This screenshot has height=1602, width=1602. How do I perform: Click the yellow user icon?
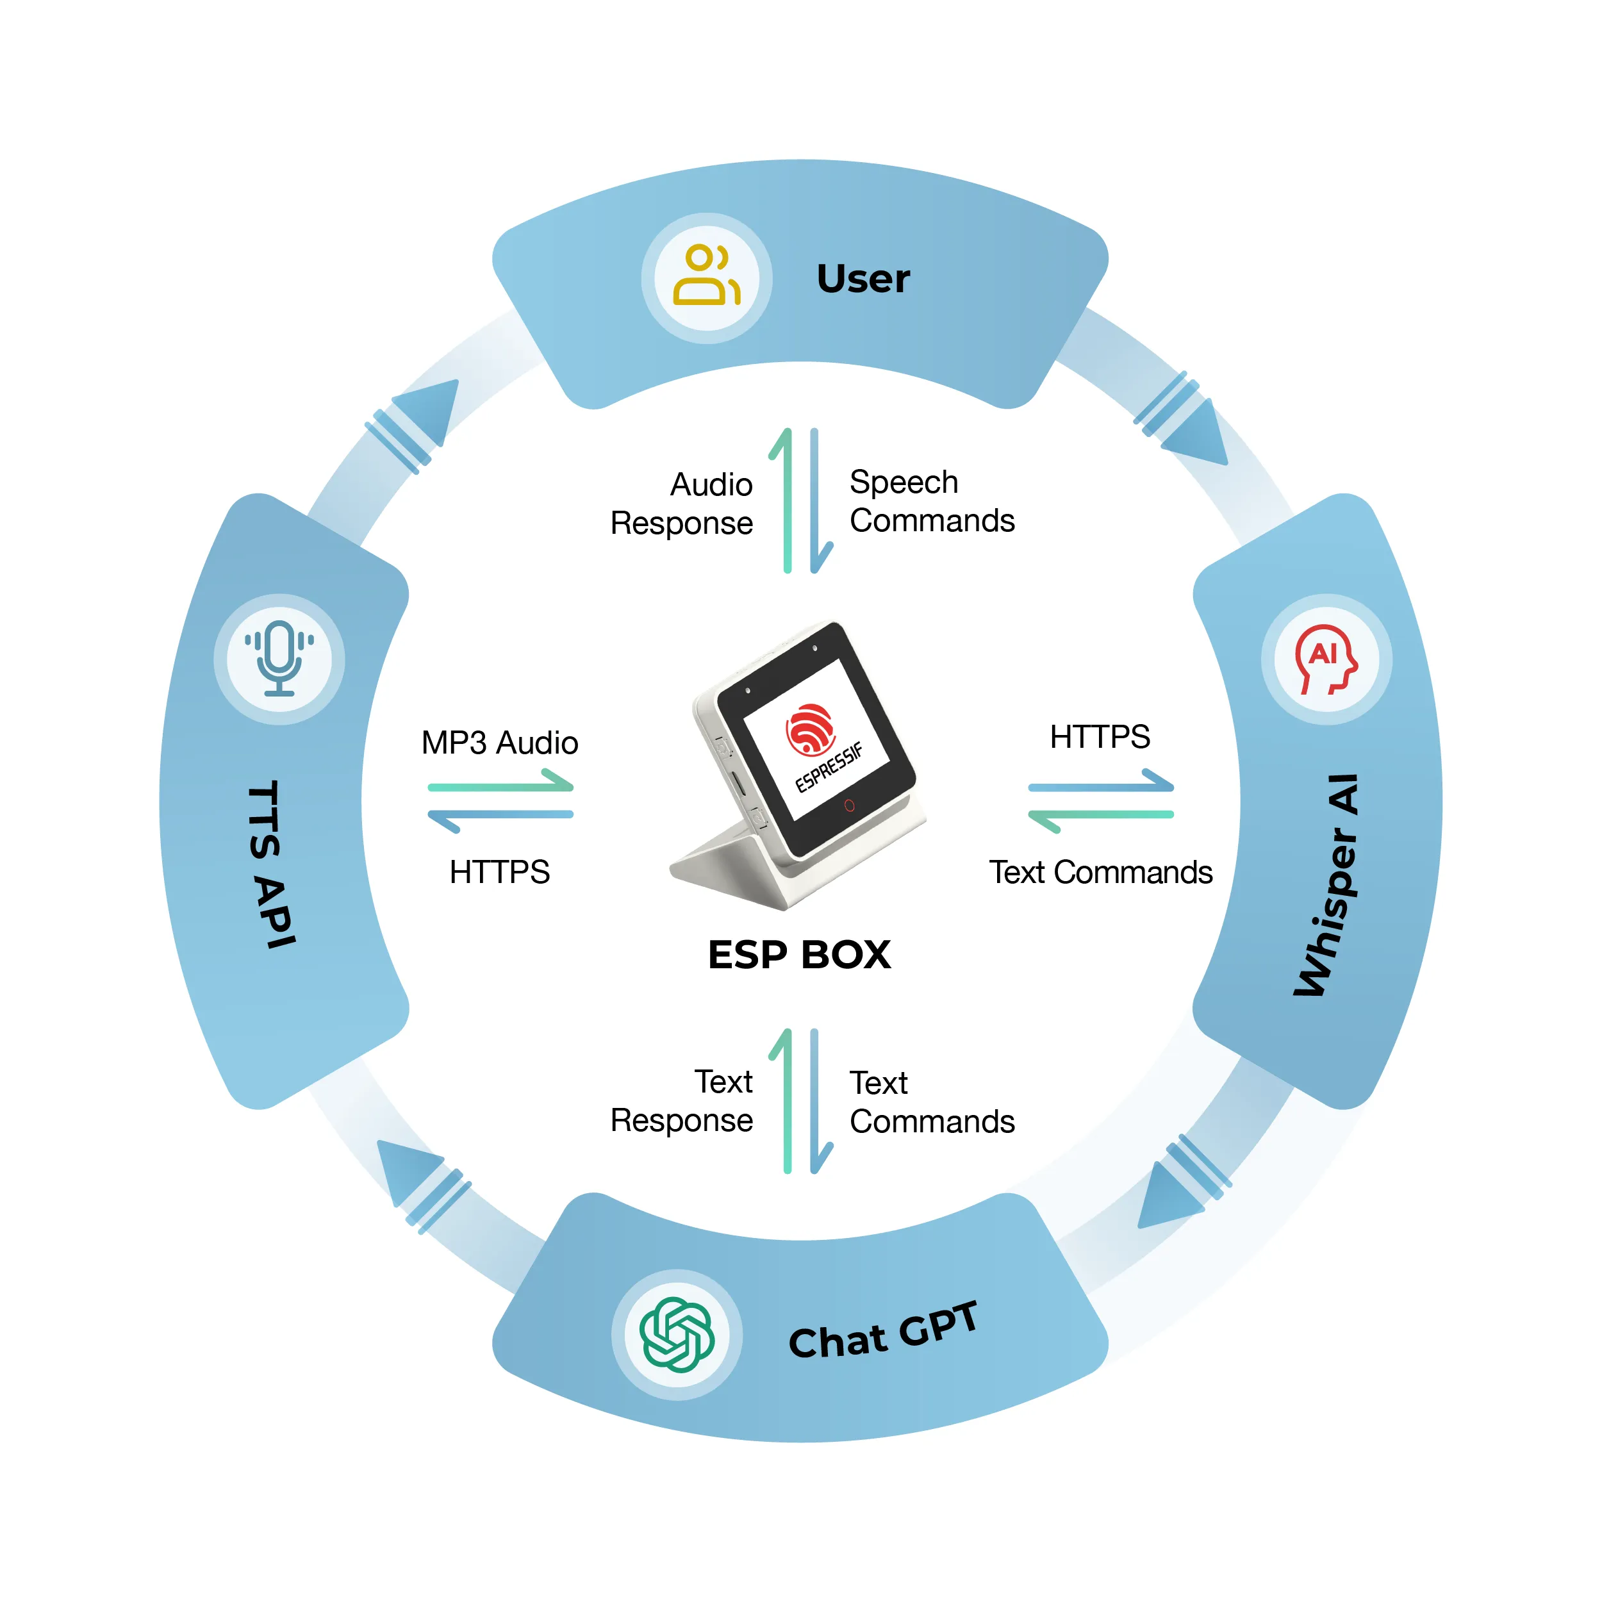706,276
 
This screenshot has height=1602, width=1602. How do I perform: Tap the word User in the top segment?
863,279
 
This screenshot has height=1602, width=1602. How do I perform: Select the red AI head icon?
1326,658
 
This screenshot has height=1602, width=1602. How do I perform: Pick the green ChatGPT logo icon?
677,1334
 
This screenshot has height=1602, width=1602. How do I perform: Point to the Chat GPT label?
882,1332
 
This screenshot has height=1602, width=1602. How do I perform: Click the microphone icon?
279,658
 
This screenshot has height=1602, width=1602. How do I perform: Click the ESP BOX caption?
798,954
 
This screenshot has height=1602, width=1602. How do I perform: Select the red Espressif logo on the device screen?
809,730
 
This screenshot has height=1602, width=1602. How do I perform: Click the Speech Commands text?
931,501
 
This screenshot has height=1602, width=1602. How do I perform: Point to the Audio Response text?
682,503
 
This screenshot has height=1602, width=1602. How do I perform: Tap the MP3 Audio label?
499,742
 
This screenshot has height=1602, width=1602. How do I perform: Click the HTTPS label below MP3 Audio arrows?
499,871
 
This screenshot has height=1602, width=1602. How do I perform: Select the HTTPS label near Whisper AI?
1100,736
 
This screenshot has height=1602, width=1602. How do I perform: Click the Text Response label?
682,1100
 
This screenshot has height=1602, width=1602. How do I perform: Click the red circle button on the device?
848,805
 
